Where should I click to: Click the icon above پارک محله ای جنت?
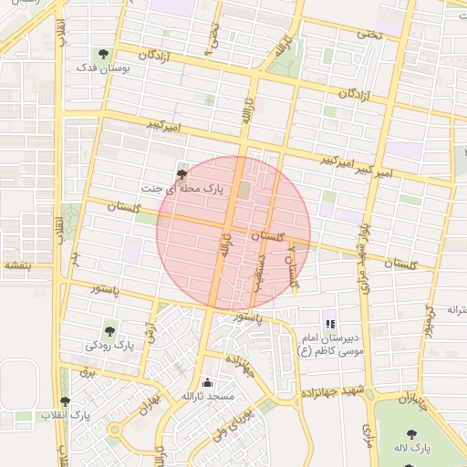click(182, 171)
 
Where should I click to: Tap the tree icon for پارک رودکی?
click(110, 331)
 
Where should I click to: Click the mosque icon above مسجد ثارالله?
click(208, 382)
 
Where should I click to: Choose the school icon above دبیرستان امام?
click(330, 323)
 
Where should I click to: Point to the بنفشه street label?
click(17, 265)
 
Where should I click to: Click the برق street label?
click(88, 372)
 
